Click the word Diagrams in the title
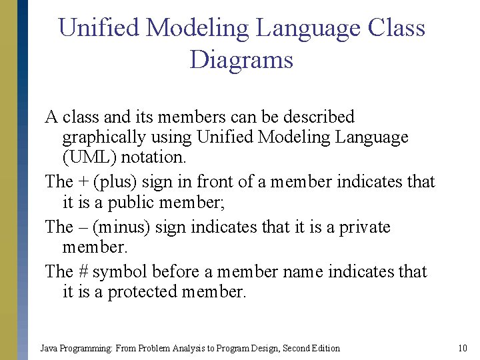point(241,60)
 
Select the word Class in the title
point(396,28)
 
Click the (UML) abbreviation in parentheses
point(89,157)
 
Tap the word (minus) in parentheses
point(121,227)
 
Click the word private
point(365,227)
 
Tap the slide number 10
point(463,348)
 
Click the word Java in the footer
point(49,348)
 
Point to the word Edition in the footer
point(325,348)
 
